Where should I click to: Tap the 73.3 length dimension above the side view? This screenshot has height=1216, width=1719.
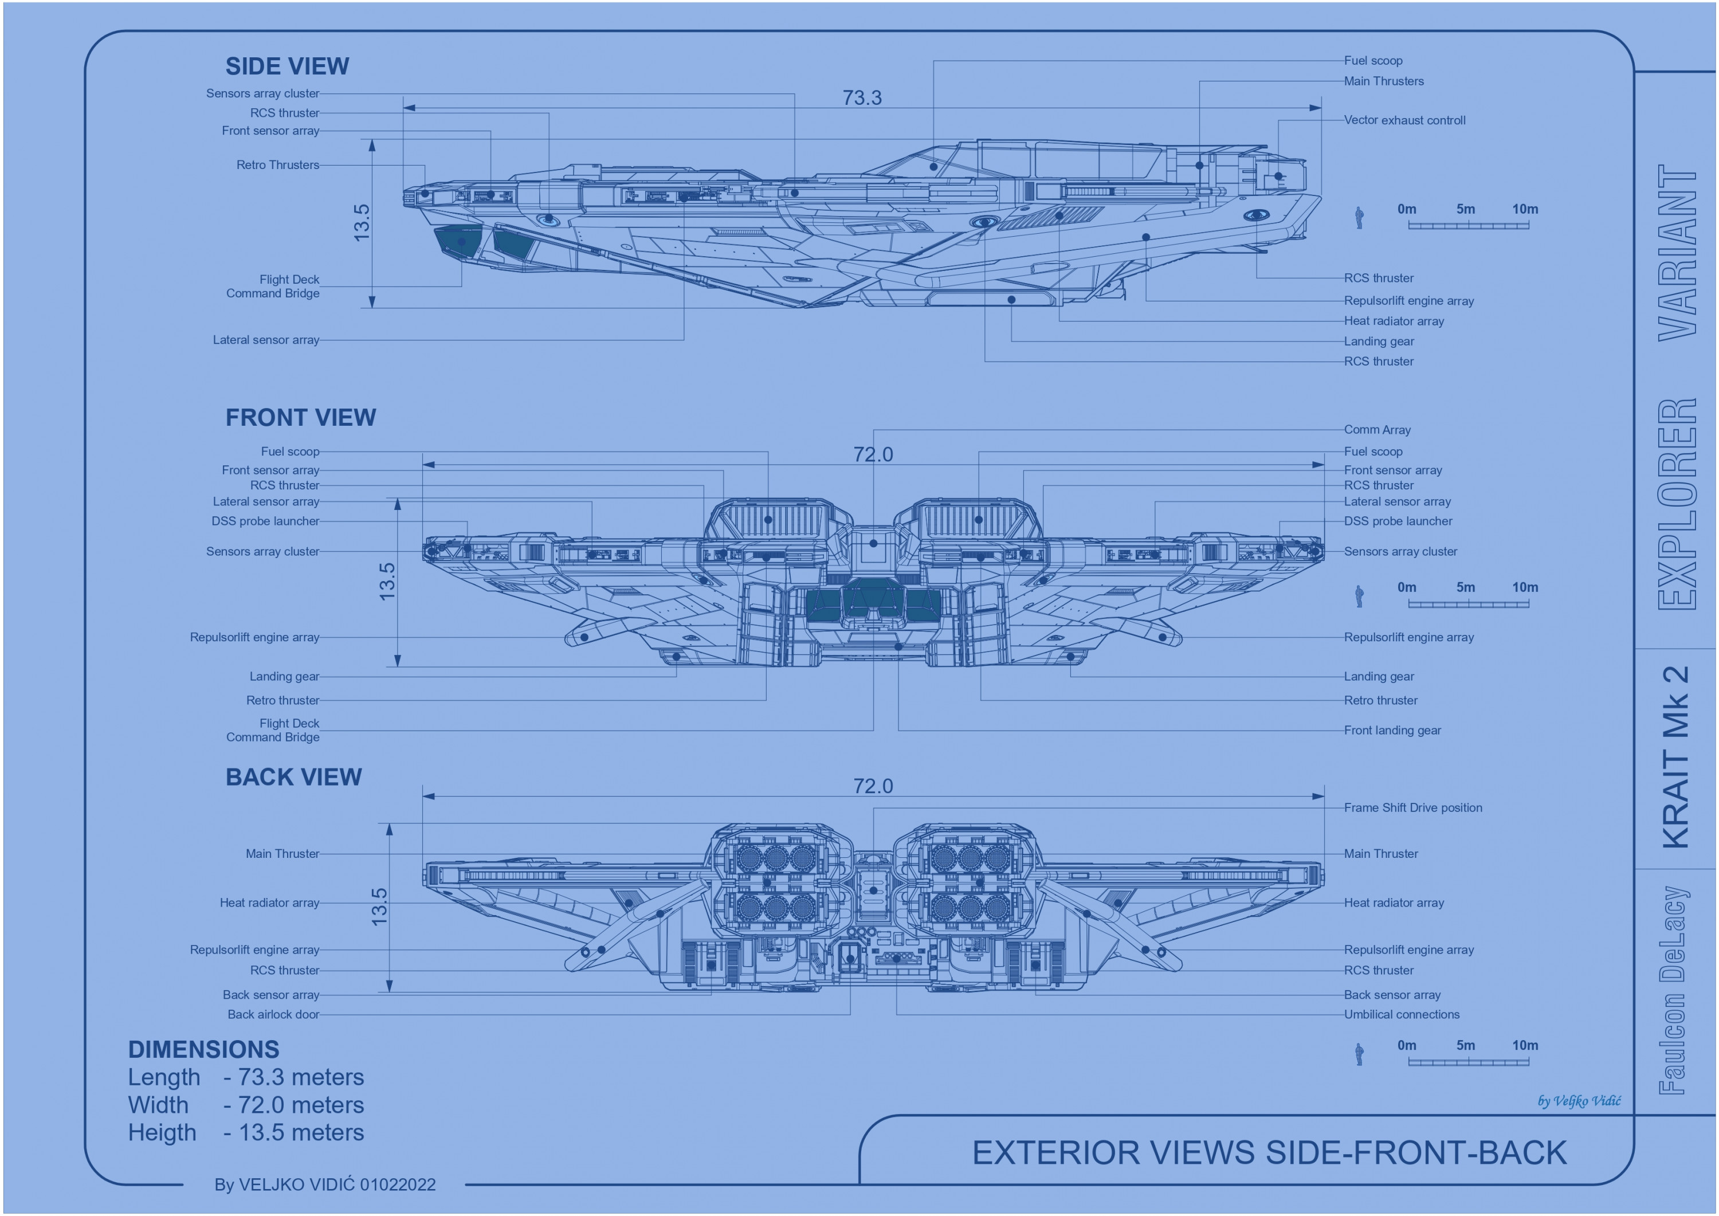coord(862,98)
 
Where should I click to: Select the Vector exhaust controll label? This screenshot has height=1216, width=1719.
coord(1404,120)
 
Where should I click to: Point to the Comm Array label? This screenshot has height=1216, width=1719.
coord(1377,430)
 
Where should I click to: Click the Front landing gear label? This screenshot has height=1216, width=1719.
coord(1392,730)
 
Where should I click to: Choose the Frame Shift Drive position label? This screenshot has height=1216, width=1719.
coord(1413,808)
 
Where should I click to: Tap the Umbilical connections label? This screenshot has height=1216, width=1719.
coord(1402,1015)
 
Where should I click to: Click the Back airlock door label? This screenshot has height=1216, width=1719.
coord(273,1015)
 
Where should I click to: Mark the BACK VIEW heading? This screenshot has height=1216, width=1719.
coord(293,777)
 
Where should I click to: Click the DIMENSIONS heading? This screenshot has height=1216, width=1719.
coord(203,1050)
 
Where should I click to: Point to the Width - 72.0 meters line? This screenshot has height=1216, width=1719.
coord(246,1105)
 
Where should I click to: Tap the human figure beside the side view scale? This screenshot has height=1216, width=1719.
coord(1360,218)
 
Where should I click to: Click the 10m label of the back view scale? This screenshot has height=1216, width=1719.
coord(1524,1045)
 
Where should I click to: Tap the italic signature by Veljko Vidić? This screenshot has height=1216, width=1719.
coord(1579,1101)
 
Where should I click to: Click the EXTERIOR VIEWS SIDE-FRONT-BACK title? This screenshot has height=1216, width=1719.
coord(1269,1153)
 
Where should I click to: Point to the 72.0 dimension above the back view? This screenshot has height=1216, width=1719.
coord(873,786)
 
